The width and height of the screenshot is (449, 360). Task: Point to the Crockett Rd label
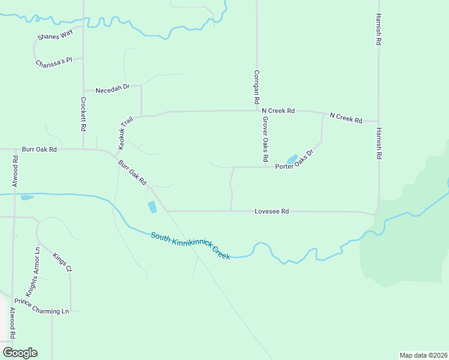click(83, 115)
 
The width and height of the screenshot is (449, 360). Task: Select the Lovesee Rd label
click(271, 211)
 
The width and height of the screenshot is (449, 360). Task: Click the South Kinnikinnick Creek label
click(190, 246)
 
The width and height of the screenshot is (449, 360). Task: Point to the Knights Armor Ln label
click(32, 269)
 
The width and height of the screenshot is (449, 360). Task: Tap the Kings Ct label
click(62, 262)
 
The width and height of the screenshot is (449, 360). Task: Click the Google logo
click(20, 353)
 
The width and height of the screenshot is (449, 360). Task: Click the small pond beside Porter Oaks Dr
click(292, 160)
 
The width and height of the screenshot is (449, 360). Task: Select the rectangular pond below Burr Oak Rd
click(152, 207)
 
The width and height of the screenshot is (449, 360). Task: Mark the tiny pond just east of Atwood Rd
click(27, 197)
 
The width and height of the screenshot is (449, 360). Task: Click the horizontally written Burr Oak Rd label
click(39, 149)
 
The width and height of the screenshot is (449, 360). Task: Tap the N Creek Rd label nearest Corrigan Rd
click(278, 111)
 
